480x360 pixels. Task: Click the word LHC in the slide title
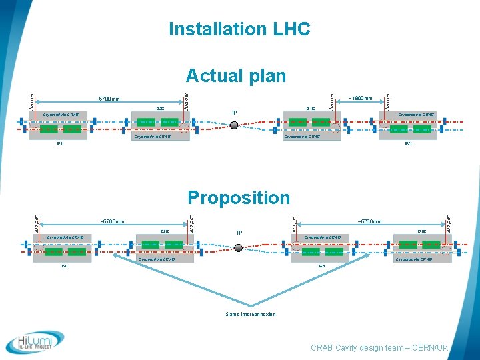tap(291, 29)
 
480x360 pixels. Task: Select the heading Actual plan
tap(236, 75)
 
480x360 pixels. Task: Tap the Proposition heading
tap(239, 198)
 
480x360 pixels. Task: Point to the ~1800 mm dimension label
tap(360, 99)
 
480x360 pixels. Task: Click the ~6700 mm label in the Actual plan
tap(107, 99)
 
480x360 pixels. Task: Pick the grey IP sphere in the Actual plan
tap(234, 125)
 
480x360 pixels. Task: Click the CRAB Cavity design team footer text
tap(379, 348)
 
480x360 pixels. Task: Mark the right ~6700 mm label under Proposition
tap(369, 221)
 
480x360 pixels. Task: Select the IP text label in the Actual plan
tap(234, 113)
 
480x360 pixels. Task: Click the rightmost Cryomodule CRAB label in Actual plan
tap(417, 115)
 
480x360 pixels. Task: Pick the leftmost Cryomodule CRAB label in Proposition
tap(65, 237)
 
